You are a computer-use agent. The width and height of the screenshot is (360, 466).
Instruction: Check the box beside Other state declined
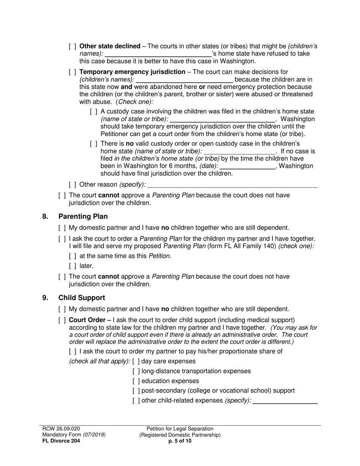(x=72, y=46)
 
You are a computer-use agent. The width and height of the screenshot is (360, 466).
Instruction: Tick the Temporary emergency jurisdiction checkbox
(x=72, y=72)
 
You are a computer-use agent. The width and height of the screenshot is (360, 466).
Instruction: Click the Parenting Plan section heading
(x=83, y=216)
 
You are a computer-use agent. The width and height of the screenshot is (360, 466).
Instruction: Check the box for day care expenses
(x=136, y=361)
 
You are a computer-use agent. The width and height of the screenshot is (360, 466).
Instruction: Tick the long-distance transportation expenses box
(x=136, y=371)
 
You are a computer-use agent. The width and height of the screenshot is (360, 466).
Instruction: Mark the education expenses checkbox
(x=136, y=381)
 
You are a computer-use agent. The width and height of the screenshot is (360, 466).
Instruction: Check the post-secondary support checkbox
(x=136, y=391)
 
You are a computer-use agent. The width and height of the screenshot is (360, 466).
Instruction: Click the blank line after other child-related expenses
(x=285, y=401)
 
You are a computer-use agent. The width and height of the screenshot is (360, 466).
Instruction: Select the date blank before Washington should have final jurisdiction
(x=247, y=166)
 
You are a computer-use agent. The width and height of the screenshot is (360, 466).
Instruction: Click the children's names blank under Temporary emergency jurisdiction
(x=184, y=80)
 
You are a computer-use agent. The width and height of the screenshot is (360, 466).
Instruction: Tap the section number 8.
(x=45, y=216)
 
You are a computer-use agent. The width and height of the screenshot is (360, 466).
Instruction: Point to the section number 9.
(x=45, y=298)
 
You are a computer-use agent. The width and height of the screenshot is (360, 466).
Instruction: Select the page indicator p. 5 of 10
(x=180, y=441)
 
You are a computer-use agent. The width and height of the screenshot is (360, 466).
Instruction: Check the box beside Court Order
(x=62, y=320)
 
